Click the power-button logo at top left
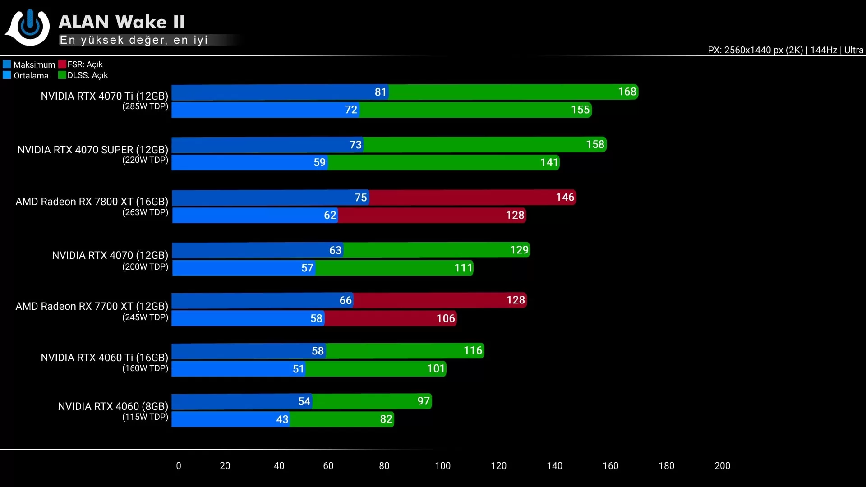coord(28,27)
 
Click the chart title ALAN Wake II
coord(121,22)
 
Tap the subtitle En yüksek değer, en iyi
coord(134,40)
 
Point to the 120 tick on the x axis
coord(498,466)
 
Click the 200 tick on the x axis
coord(722,466)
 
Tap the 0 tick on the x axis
coord(179,466)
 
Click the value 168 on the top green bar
coord(627,92)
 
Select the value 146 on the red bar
coord(565,198)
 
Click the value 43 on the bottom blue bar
coord(282,419)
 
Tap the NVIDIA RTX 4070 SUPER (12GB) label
coord(92,150)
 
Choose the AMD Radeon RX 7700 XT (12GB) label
coord(92,306)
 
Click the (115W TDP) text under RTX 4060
coord(145,417)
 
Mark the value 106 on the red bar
coord(446,318)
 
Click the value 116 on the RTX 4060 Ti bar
coord(473,350)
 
